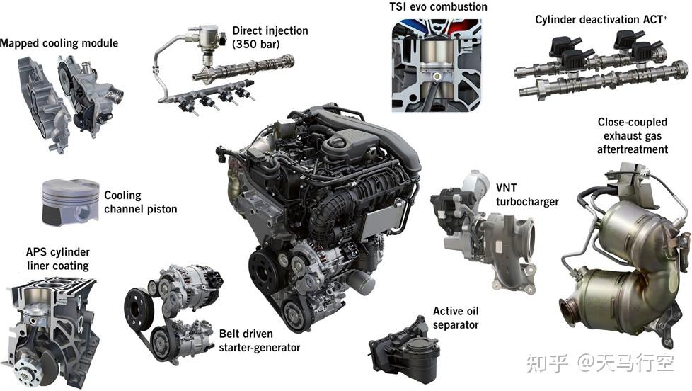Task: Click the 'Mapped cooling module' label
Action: coord(59,43)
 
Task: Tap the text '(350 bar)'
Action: coord(256,44)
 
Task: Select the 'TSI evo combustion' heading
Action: coord(438,6)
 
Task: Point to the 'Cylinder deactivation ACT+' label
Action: coord(601,19)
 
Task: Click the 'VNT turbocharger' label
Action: coord(527,195)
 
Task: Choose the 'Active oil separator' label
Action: coord(456,318)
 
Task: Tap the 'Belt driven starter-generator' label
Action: coord(260,341)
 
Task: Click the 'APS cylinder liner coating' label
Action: coord(58,259)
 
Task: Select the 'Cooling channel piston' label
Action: coord(140,202)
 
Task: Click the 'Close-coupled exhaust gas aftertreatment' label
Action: coord(633,135)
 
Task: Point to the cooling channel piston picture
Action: coord(71,202)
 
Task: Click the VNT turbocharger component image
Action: coord(484,230)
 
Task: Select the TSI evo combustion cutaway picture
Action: coord(437,65)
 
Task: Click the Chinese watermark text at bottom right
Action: coord(600,363)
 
